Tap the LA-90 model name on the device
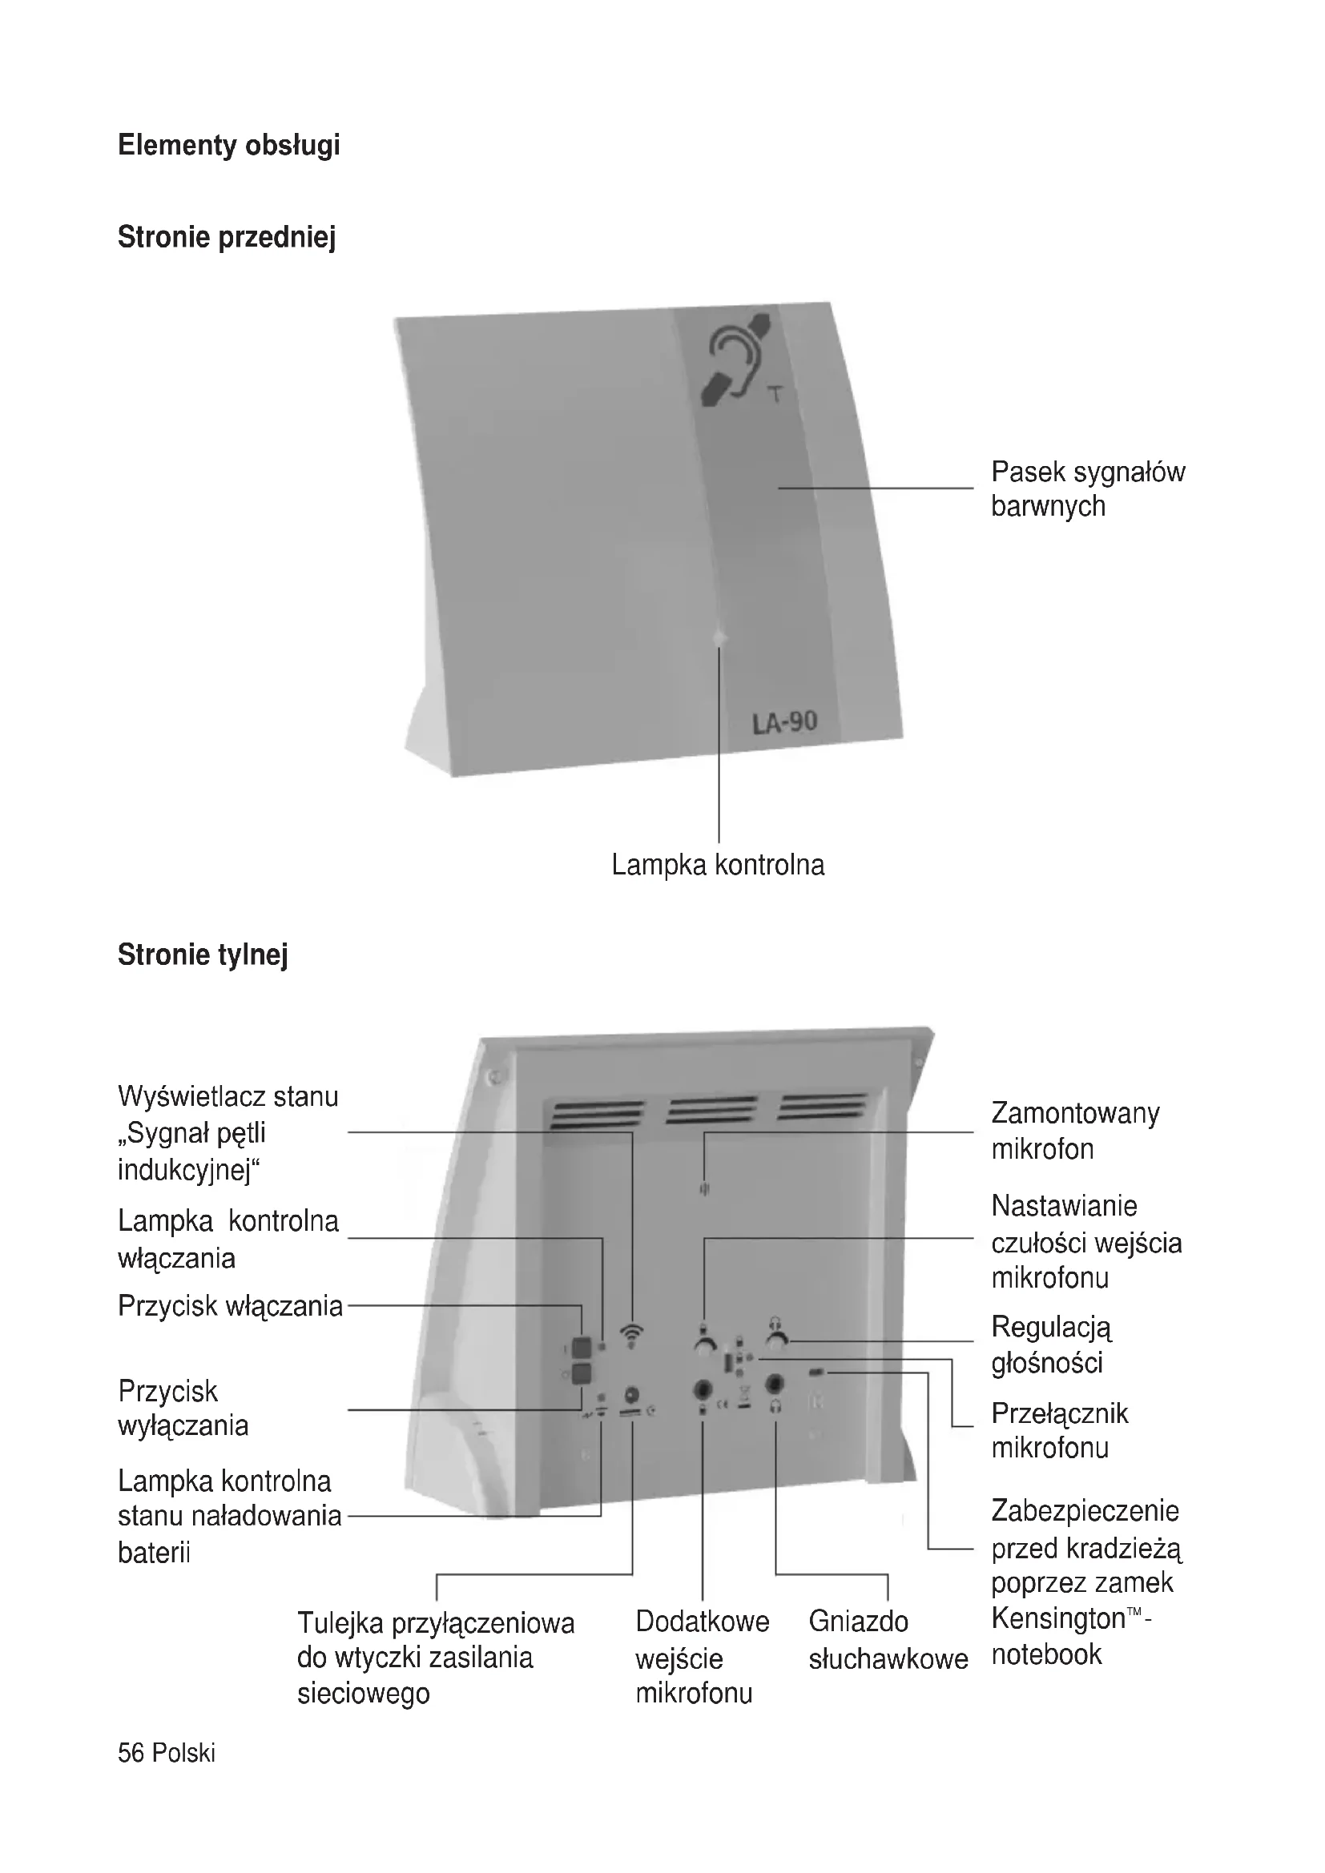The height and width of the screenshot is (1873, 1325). [784, 723]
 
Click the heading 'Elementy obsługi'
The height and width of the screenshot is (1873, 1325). [228, 145]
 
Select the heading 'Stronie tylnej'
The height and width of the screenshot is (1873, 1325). [203, 955]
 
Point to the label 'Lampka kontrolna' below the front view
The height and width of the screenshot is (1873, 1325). [718, 865]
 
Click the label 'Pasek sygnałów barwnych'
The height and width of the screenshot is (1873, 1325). [1086, 488]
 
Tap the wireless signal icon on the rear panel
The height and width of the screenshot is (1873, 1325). [630, 1333]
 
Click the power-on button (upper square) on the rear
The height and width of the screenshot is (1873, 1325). [581, 1346]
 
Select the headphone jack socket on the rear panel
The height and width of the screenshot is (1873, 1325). [775, 1384]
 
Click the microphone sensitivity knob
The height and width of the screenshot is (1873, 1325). [704, 1344]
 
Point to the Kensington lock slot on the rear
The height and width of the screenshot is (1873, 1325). [816, 1373]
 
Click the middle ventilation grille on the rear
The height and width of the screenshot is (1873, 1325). [711, 1110]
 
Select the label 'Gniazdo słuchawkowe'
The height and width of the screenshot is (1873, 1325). [887, 1640]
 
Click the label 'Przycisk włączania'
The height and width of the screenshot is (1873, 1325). [230, 1306]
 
